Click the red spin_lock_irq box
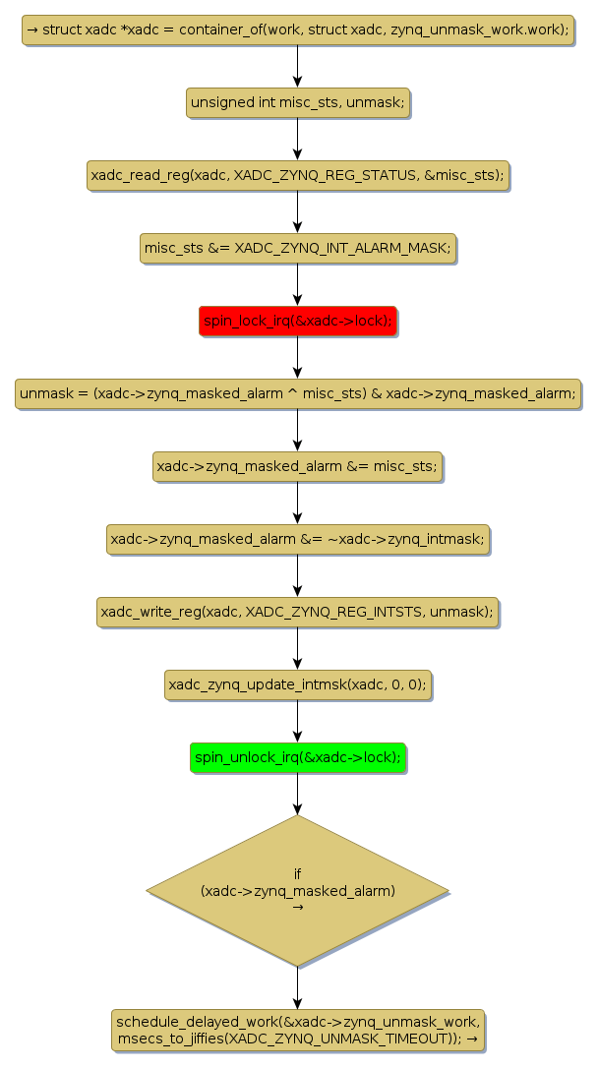click(x=297, y=321)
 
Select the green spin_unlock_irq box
click(x=297, y=757)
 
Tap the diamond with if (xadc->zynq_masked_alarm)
click(x=297, y=890)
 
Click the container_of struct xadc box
click(x=297, y=30)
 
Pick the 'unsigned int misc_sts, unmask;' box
click(x=297, y=102)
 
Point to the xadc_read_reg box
click(x=297, y=175)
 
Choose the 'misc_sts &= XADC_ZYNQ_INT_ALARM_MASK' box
click(x=297, y=248)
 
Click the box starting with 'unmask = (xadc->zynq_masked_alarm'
click(x=297, y=393)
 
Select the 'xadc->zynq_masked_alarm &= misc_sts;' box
click(x=297, y=466)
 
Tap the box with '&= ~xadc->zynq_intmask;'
click(x=297, y=539)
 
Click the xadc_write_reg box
click(x=297, y=612)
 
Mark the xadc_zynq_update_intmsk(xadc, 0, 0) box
click(x=297, y=684)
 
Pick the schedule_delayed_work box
click(x=297, y=1030)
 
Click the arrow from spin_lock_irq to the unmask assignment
click(x=297, y=357)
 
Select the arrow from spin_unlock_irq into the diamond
click(x=297, y=795)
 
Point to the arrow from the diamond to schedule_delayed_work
click(x=297, y=987)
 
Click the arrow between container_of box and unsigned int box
click(x=297, y=66)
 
